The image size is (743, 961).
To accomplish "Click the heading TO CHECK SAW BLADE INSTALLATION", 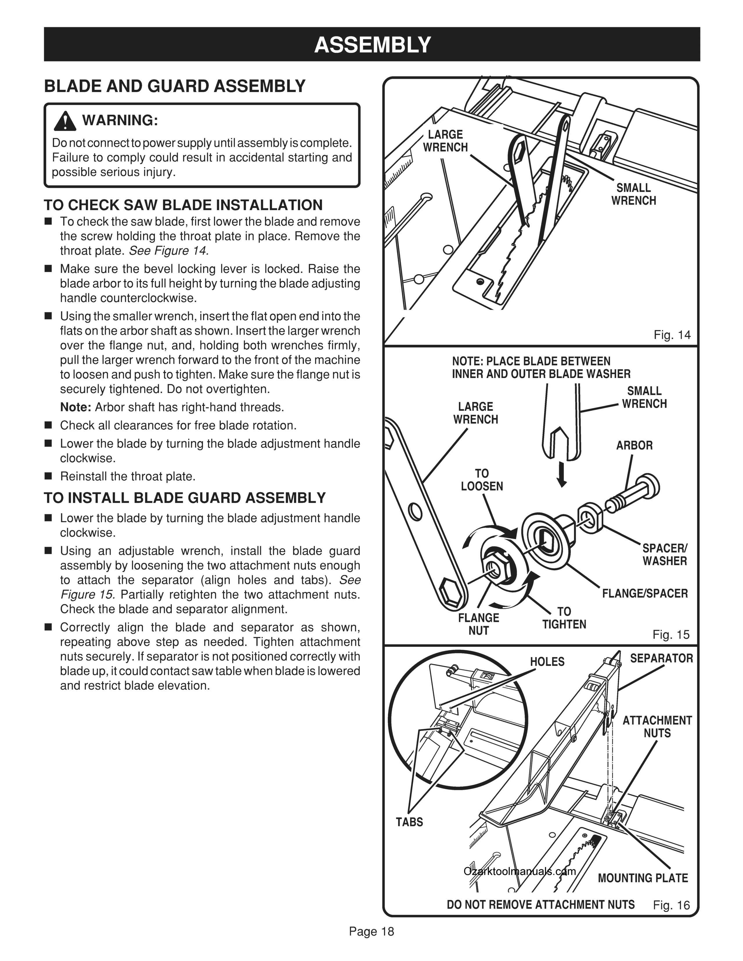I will [x=183, y=205].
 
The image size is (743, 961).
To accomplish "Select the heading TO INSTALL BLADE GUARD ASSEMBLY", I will [x=185, y=498].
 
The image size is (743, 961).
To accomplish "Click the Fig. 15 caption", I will [x=671, y=634].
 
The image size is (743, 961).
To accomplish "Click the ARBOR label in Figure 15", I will [x=634, y=445].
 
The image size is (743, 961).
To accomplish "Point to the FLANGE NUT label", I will [x=479, y=624].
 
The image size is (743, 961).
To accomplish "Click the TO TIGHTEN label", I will [x=564, y=618].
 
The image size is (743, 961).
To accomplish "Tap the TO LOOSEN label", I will [x=482, y=479].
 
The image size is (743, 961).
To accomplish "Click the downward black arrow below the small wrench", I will [x=562, y=477].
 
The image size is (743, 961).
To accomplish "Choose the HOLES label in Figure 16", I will [x=547, y=662].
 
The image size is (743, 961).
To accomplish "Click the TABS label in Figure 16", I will [x=409, y=822].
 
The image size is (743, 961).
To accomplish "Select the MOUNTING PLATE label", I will [x=643, y=878].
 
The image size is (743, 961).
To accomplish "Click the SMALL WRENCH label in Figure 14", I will [x=633, y=194].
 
